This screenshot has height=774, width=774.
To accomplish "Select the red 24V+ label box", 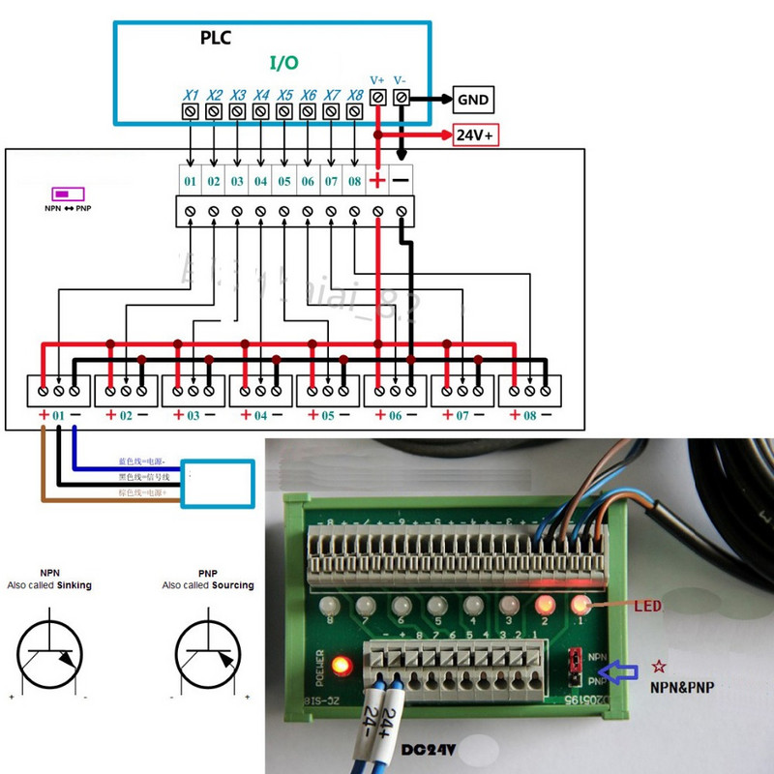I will pos(475,136).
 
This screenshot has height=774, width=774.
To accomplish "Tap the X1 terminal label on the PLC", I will pos(191,95).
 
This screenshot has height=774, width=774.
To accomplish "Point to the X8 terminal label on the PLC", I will pos(355,95).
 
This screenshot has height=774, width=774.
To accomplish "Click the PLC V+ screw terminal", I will pos(378,97).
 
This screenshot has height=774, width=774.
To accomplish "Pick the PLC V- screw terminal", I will pos(402,97).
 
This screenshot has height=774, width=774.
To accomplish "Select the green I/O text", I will pos(283,63).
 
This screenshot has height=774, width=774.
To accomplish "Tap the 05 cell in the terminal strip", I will pos(283,181).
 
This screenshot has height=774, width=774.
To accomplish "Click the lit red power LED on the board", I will pos(340,667).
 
